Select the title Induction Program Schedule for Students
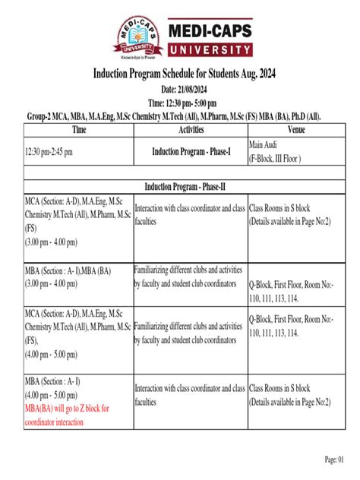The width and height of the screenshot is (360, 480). [x=180, y=76]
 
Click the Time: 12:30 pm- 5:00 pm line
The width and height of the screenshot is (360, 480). [x=180, y=103]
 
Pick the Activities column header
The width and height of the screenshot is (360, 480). [x=191, y=130]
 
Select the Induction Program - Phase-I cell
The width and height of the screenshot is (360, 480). [x=191, y=151]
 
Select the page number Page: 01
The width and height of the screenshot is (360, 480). [x=335, y=459]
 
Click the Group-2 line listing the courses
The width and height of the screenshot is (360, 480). [x=180, y=116]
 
